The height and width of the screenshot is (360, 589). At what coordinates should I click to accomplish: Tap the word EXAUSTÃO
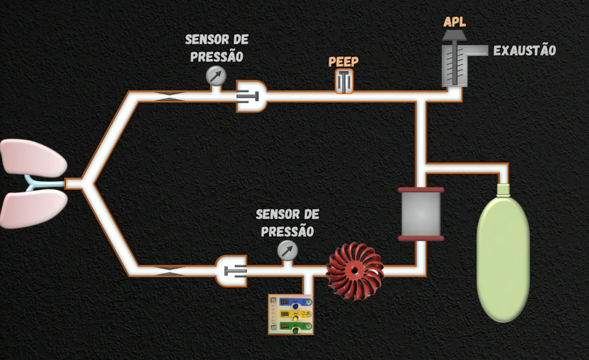524,51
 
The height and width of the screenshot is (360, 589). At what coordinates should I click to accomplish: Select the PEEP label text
344,61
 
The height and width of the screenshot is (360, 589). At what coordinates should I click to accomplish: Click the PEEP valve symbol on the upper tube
344,81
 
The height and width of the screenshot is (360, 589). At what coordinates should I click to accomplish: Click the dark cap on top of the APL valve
454,35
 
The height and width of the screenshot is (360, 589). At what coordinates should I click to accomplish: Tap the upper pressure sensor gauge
216,76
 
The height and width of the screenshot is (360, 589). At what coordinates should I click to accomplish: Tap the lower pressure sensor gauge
287,250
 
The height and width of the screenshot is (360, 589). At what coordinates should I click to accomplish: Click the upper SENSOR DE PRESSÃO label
216,48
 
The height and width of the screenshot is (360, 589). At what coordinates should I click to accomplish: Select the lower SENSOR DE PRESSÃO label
287,223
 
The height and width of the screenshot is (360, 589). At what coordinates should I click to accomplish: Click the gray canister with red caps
421,214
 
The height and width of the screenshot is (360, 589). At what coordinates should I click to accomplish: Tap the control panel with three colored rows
291,314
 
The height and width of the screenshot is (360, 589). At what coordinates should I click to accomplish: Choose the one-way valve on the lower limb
231,270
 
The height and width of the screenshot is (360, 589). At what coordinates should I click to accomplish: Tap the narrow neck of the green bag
503,190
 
